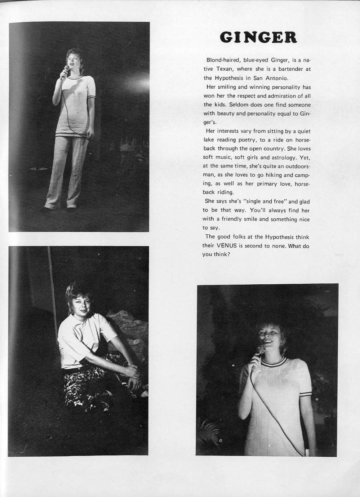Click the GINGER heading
click(x=258, y=37)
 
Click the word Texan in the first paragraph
click(x=220, y=69)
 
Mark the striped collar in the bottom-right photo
click(x=273, y=362)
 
